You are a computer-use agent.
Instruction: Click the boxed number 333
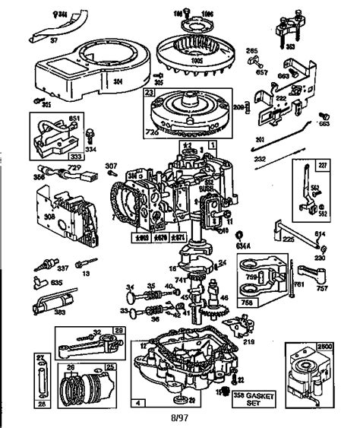[36, 151]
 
